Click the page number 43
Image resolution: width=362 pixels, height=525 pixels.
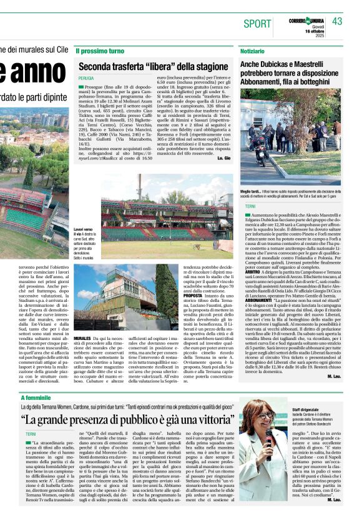point(337,22)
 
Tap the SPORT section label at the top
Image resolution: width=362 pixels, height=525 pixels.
point(257,24)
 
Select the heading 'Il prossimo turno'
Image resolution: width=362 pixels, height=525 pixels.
point(100,50)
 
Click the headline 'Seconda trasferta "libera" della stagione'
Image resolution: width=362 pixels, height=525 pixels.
point(154,66)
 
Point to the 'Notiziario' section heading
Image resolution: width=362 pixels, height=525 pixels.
point(252,50)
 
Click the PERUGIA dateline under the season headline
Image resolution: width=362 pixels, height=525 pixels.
point(86,78)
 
